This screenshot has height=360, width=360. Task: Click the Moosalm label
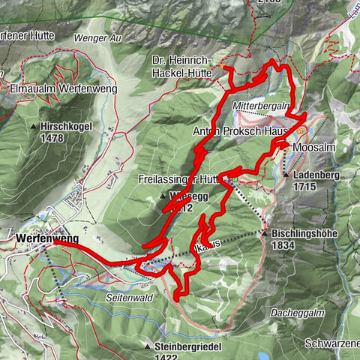pos(313,148)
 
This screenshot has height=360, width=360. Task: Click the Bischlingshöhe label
pos(308,234)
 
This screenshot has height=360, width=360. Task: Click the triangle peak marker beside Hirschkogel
pos(34,126)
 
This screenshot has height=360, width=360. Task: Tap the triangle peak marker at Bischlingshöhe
pos(265,234)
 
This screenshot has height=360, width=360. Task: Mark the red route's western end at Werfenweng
pos(56,241)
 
